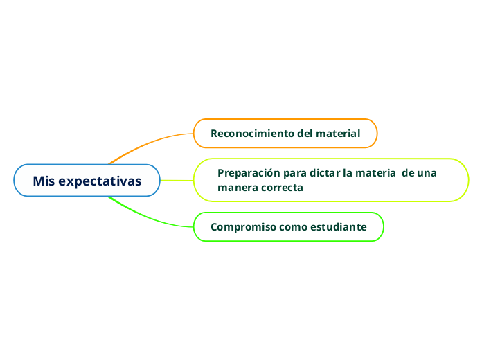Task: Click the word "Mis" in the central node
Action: (44, 181)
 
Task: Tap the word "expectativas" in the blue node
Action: (100, 181)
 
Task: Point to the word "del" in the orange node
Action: (305, 133)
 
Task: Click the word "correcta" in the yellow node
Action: (282, 188)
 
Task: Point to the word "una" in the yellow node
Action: (427, 173)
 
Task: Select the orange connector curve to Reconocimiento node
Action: (149, 143)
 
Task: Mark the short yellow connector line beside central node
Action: (177, 181)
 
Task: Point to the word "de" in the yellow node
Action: (408, 173)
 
